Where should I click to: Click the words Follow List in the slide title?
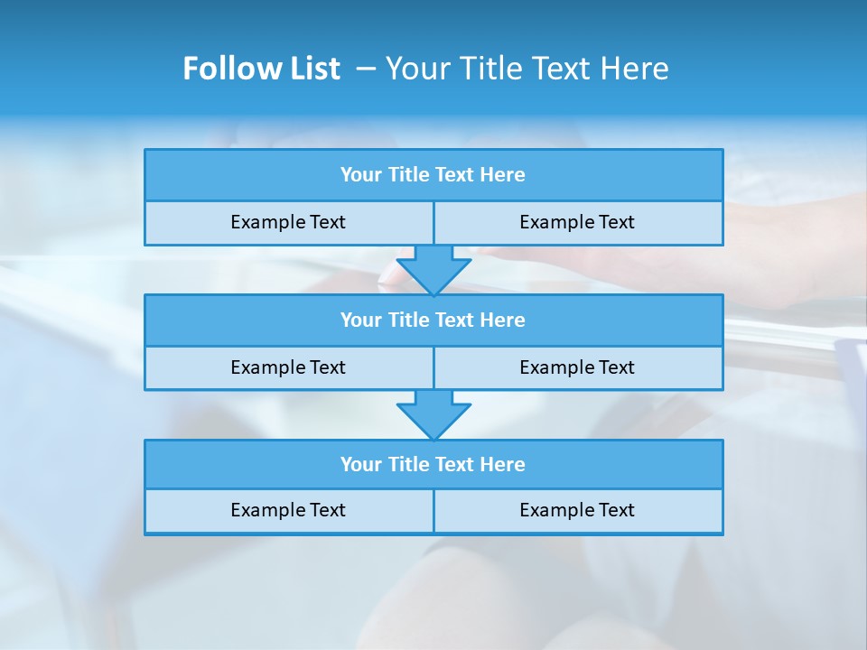coord(261,69)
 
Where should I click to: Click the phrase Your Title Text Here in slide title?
coord(527,69)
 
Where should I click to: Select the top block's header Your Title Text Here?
coord(433,175)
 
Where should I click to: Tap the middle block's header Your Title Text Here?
coord(433,320)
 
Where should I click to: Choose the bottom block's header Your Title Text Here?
coord(433,464)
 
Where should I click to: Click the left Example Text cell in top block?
coord(288,222)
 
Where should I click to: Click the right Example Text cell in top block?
coord(577,222)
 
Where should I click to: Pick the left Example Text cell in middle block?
coord(288,367)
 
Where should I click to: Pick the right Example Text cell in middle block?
coord(577,367)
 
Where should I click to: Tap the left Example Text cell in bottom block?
coord(288,510)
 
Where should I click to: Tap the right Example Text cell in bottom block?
coord(577,510)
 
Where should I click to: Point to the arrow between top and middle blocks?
coord(433,269)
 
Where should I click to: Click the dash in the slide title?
coord(366,69)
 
